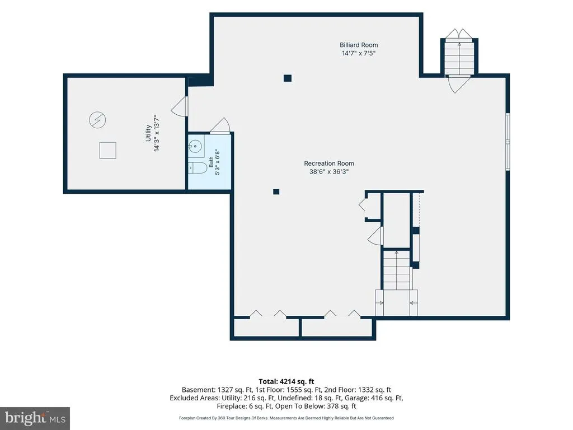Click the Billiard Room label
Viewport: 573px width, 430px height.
pyautogui.click(x=359, y=45)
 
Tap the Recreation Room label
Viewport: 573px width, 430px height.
pyautogui.click(x=329, y=163)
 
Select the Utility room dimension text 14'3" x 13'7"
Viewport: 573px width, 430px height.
pyautogui.click(x=157, y=133)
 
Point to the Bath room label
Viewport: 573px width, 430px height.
pyautogui.click(x=211, y=162)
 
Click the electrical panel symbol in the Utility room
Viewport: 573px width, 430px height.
pyautogui.click(x=97, y=120)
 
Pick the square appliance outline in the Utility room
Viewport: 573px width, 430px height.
pyautogui.click(x=108, y=150)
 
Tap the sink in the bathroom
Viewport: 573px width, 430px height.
pyautogui.click(x=196, y=146)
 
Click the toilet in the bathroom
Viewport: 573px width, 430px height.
pyautogui.click(x=198, y=168)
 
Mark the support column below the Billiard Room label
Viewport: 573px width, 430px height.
pyautogui.click(x=288, y=78)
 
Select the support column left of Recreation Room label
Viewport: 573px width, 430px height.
pyautogui.click(x=276, y=191)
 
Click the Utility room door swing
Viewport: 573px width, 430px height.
pyautogui.click(x=180, y=106)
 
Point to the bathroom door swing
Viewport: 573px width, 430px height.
pyautogui.click(x=219, y=125)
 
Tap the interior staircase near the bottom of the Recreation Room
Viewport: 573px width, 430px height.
pyautogui.click(x=397, y=270)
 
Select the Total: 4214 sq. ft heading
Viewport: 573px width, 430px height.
pyautogui.click(x=286, y=382)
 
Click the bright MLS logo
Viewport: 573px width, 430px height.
pyautogui.click(x=35, y=418)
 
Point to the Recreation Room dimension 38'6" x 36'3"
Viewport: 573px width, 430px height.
pyautogui.click(x=329, y=171)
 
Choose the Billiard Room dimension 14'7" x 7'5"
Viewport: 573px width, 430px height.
pyautogui.click(x=359, y=53)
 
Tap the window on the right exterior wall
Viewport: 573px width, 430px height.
pyautogui.click(x=508, y=142)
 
